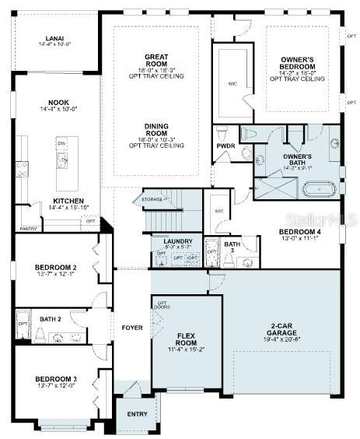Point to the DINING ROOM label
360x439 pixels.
pos(156,128)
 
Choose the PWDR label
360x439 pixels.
pos(225,146)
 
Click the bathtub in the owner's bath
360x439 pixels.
pos(319,188)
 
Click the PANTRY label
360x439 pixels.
pos(29,229)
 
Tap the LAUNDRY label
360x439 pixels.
pos(177,241)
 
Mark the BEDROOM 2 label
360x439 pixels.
pos(54,270)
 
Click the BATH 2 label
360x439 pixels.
pos(51,318)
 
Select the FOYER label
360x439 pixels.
pos(131,328)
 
